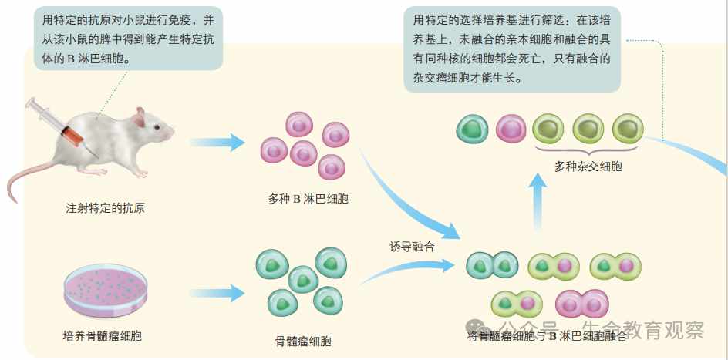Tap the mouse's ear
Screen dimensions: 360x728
(140, 117)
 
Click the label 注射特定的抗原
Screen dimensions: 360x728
(106, 208)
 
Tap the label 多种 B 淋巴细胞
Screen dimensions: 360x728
(308, 199)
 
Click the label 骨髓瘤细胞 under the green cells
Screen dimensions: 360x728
(303, 340)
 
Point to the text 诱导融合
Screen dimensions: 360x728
(412, 247)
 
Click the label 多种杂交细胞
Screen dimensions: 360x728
(588, 166)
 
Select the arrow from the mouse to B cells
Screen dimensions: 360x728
(217, 142)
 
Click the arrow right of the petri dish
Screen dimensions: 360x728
(217, 294)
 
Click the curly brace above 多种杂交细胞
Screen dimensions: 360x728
(588, 149)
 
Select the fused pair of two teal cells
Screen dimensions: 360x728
(492, 265)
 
